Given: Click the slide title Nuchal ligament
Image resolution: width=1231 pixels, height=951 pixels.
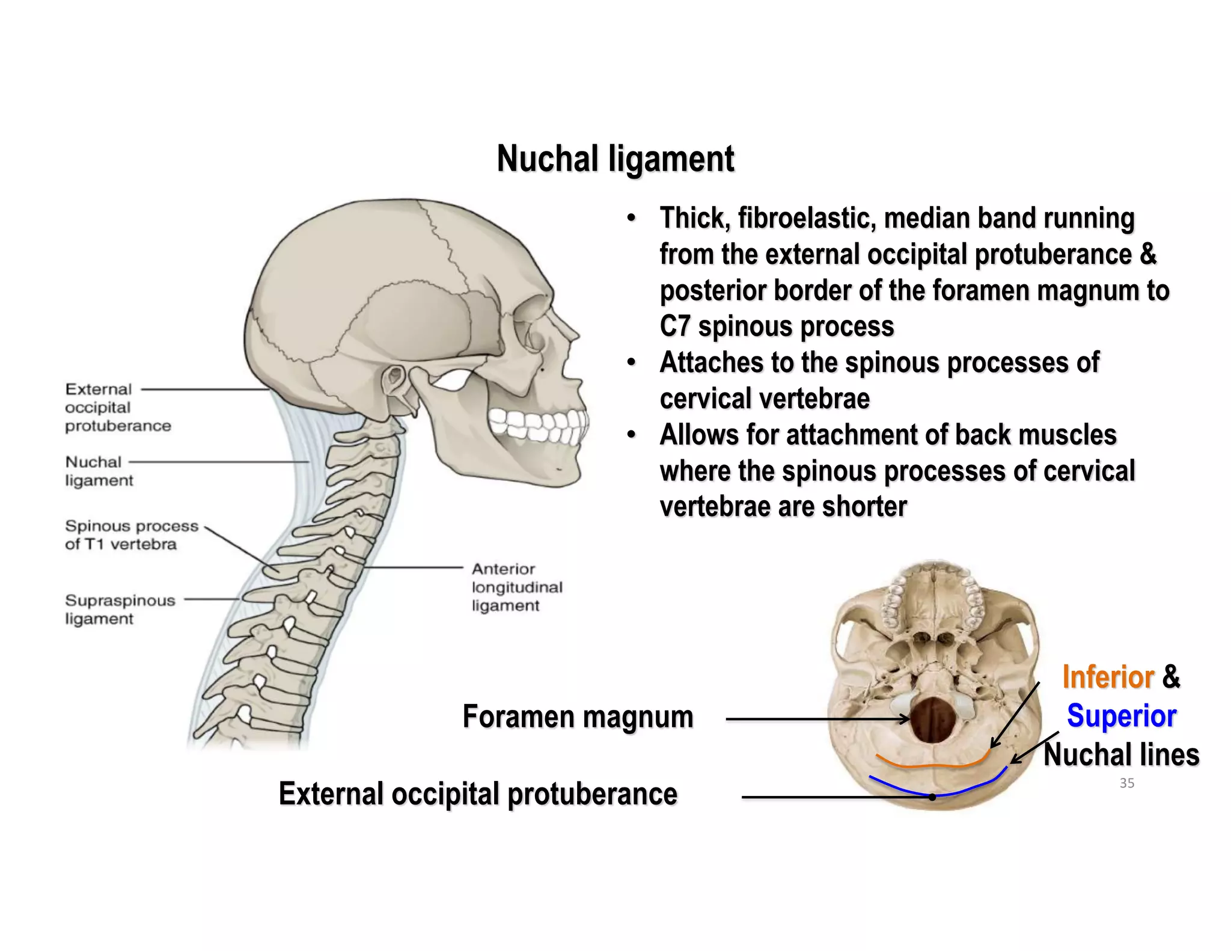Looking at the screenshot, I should (615, 159).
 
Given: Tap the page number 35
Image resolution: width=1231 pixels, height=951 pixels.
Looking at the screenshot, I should (1127, 783).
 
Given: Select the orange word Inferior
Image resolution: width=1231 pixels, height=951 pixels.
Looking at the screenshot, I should (1108, 677).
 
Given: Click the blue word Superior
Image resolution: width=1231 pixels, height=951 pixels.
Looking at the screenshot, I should (1122, 716).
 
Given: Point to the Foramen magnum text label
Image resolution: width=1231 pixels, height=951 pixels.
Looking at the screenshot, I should (578, 717).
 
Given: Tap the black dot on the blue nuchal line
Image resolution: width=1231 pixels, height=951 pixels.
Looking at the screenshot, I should (932, 797).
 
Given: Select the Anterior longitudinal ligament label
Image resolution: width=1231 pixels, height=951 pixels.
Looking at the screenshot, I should (516, 587).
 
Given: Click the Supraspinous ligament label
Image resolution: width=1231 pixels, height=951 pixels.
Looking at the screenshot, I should (120, 609).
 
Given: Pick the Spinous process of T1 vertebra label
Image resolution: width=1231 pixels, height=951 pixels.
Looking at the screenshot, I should (131, 534).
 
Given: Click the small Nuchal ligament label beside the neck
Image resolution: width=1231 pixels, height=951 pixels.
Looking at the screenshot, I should (99, 471).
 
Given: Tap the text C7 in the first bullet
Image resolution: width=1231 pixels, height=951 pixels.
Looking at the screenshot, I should (674, 326).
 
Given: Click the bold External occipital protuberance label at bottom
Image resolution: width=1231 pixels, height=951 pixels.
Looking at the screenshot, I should (478, 794).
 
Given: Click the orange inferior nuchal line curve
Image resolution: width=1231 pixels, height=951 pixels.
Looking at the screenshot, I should (932, 766).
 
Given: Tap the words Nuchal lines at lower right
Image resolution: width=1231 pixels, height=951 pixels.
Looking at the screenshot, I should (1121, 755).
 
